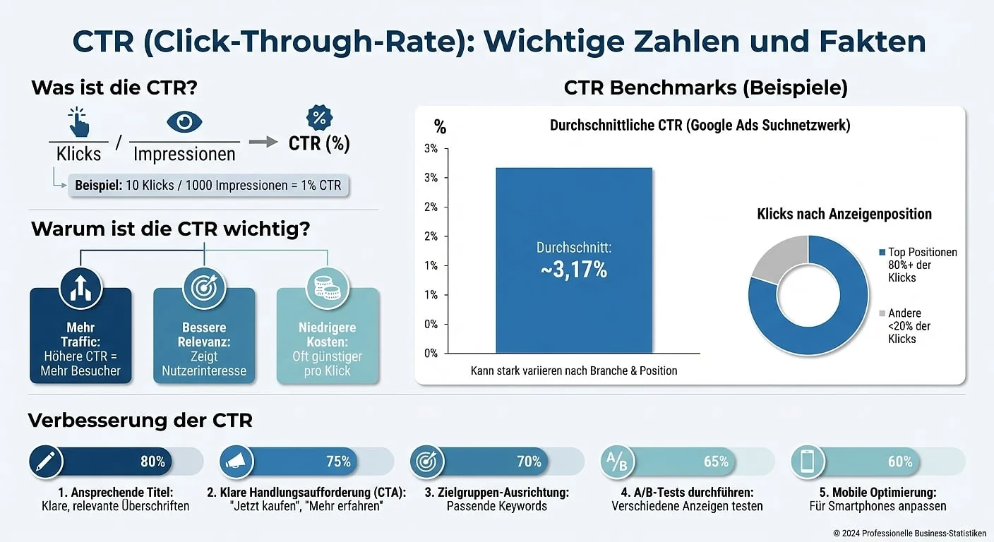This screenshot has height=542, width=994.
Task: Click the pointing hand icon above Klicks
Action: pyautogui.click(x=79, y=123)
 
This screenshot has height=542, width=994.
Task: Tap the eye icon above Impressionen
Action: pyautogui.click(x=184, y=122)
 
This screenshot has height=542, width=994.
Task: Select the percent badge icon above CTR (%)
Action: pyautogui.click(x=319, y=117)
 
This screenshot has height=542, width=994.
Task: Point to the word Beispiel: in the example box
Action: pyautogui.click(x=98, y=186)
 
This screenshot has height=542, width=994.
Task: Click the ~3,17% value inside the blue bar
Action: pyautogui.click(x=574, y=270)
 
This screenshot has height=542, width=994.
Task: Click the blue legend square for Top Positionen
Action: pyautogui.click(x=882, y=253)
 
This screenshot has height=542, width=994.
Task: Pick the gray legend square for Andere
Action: pyautogui.click(x=882, y=313)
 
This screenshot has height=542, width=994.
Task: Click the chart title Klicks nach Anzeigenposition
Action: pyautogui.click(x=844, y=214)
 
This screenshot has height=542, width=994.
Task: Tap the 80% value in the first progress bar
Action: pyautogui.click(x=152, y=462)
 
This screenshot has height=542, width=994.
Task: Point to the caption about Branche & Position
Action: pyautogui.click(x=573, y=371)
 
